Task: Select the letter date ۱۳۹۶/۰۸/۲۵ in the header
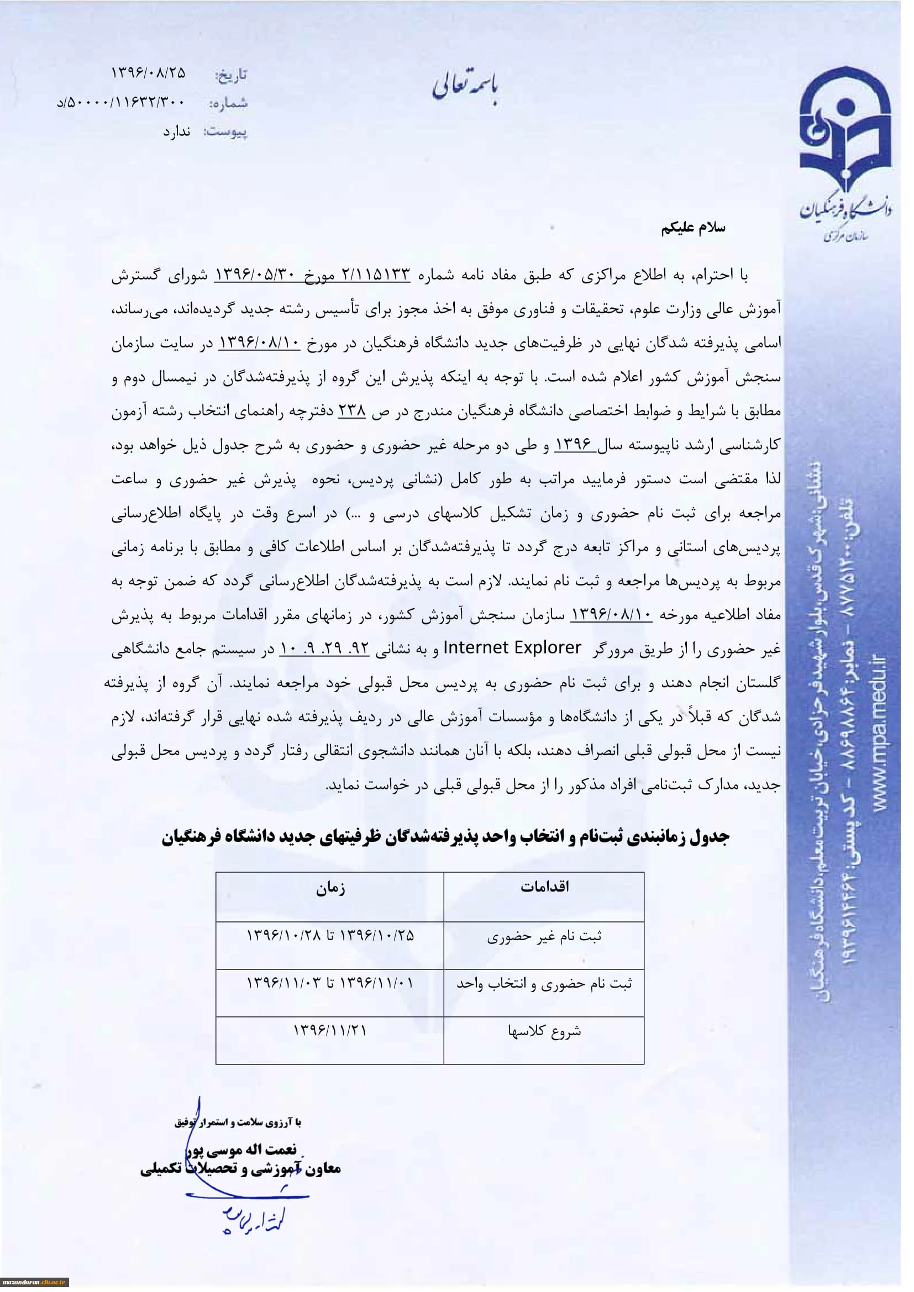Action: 149,73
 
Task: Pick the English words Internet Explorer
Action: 513,649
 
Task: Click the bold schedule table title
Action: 447,838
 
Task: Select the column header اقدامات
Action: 544,888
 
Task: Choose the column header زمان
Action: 330,889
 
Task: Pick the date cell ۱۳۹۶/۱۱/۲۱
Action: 330,1031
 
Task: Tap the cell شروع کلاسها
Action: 544,1032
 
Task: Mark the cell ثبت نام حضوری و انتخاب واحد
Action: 544,984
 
